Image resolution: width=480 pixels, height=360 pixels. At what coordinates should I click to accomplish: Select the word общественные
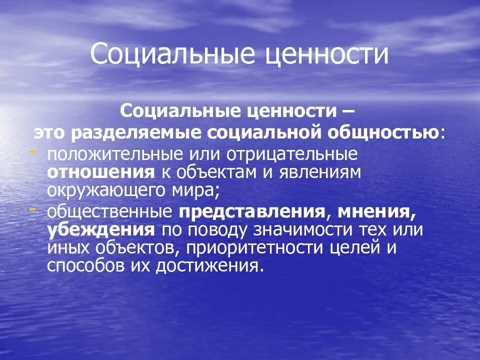point(110,211)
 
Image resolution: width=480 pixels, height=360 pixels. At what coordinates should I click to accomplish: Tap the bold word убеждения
point(100,229)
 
